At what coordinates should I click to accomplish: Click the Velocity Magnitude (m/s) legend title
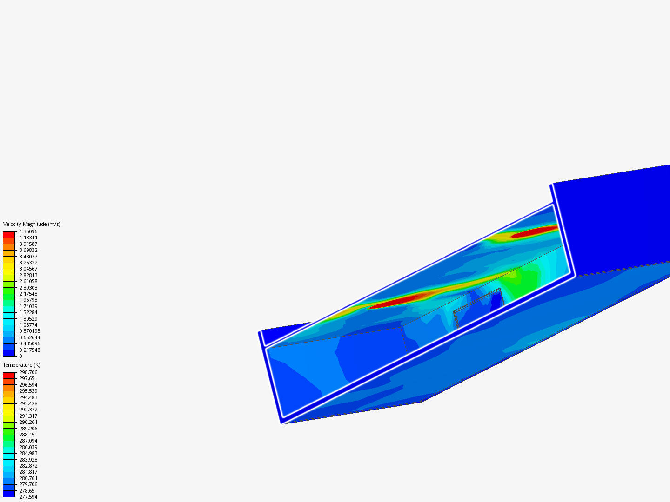pos(32,224)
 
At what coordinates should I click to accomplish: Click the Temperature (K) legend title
pos(22,365)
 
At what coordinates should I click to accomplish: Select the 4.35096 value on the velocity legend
pos(28,231)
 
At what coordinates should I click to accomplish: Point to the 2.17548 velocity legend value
pos(28,294)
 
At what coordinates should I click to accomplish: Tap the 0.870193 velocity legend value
pos(30,331)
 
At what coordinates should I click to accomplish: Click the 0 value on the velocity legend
pos(21,356)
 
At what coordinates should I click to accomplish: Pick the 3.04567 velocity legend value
pos(28,269)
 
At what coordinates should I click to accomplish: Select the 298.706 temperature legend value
pos(28,372)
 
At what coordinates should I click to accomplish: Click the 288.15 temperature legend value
pos(27,435)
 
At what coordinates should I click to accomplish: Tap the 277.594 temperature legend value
pos(28,497)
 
